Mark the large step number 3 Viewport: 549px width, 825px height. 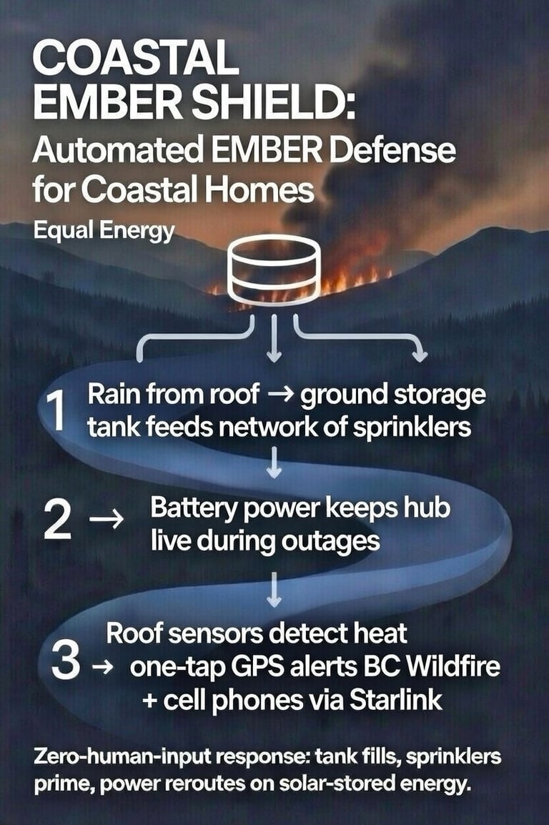coord(65,662)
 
